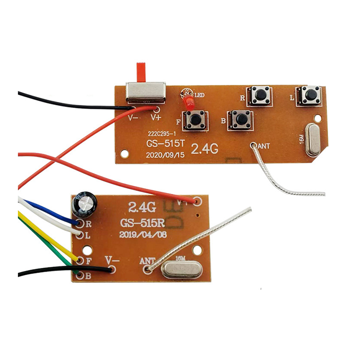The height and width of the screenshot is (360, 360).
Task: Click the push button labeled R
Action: coord(261,95)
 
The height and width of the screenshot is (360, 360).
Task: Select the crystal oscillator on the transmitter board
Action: coord(312,140)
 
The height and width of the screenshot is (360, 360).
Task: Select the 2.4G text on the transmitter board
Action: coord(205,150)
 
